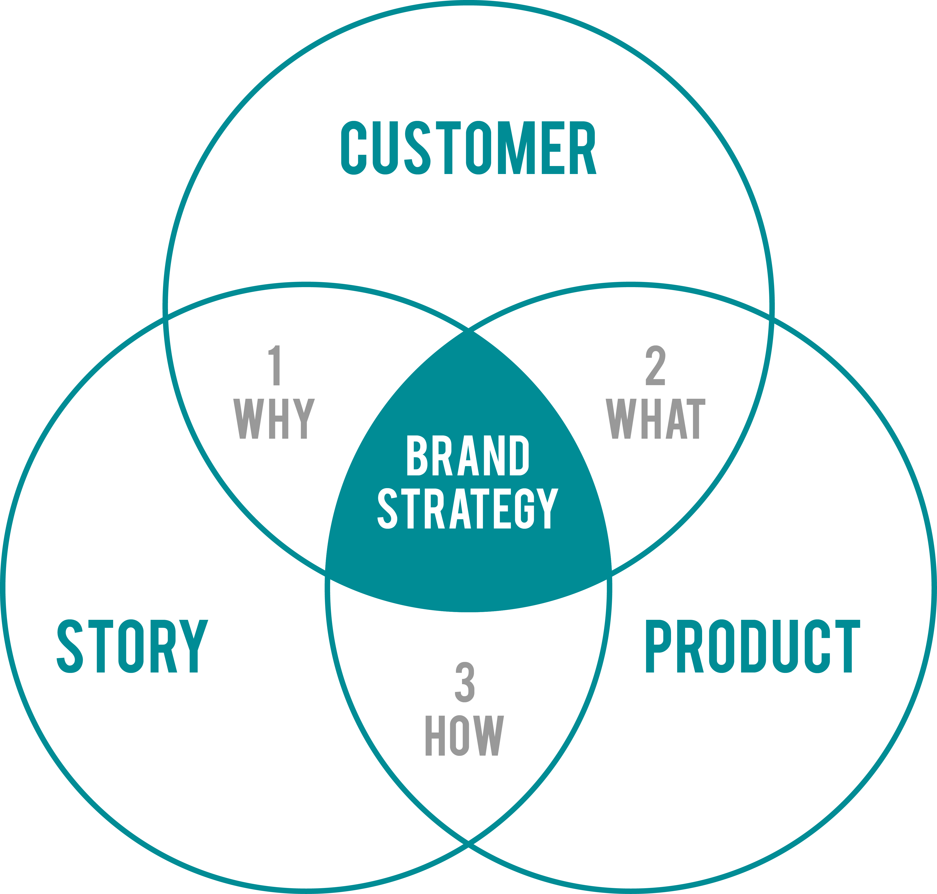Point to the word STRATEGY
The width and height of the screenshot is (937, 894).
click(x=468, y=508)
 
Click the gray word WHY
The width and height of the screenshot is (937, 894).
click(x=274, y=418)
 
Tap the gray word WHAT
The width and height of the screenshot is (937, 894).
click(x=655, y=418)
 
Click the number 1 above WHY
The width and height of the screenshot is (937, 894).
click(x=275, y=365)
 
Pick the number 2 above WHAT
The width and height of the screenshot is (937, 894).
click(x=655, y=365)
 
